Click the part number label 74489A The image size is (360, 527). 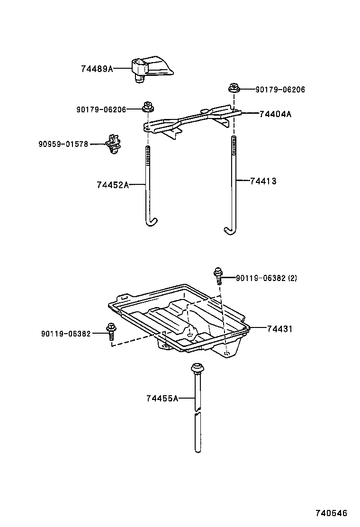click(x=97, y=69)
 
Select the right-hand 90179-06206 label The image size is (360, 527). click(x=280, y=89)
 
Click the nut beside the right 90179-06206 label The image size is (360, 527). click(x=233, y=88)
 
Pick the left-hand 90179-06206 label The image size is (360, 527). click(x=101, y=109)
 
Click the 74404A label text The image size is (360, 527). click(x=275, y=114)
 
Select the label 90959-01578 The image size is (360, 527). click(x=63, y=144)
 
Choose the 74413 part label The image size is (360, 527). click(x=263, y=181)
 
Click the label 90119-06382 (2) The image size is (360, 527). click(x=266, y=278)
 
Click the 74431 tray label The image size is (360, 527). click(x=279, y=328)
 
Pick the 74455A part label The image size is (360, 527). click(x=162, y=399)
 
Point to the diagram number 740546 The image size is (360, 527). click(x=332, y=513)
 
